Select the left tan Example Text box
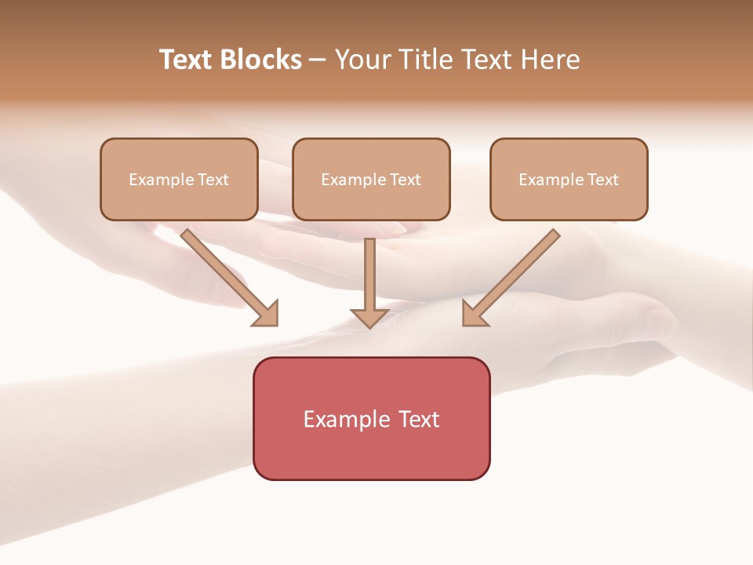coord(179,180)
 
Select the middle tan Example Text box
coord(371,180)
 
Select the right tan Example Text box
coord(569,180)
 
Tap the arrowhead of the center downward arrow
coord(369,318)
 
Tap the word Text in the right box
coord(603,180)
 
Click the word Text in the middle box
coord(406,180)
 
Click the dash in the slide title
coord(318,60)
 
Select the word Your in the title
coord(362,60)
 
